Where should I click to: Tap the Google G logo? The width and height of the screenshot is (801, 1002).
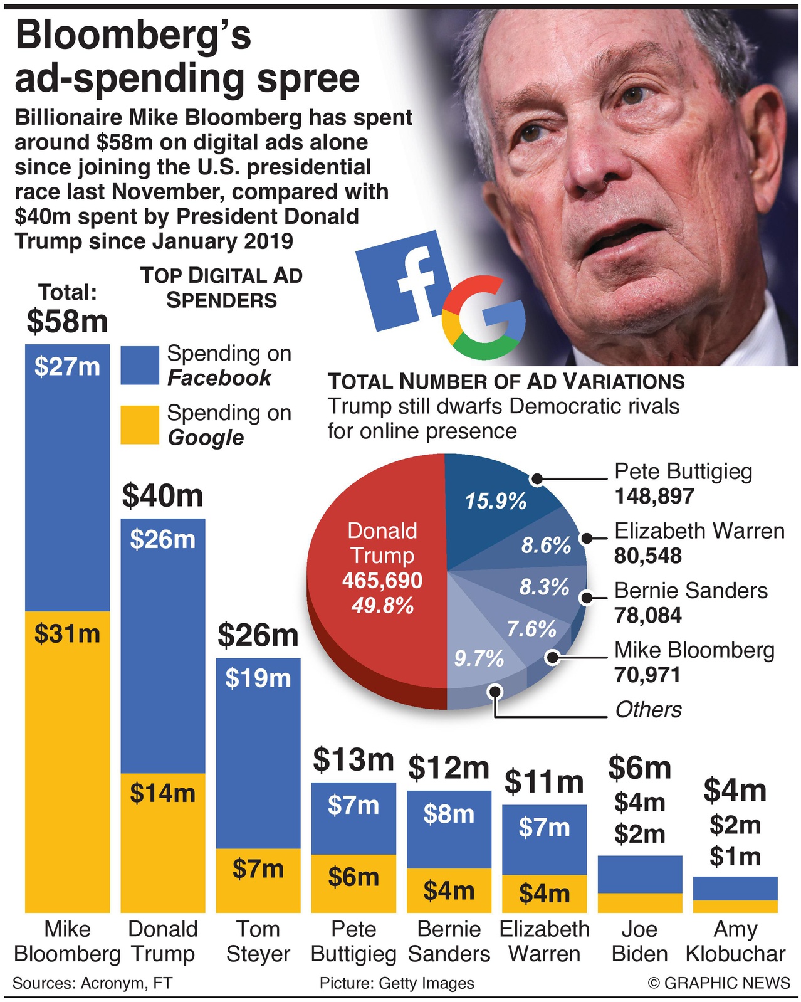coord(483,317)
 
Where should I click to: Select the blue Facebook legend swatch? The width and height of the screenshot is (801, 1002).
coord(140,365)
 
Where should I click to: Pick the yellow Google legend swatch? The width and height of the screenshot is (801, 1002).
coord(140,425)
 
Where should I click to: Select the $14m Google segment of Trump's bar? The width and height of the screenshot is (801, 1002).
coord(162,842)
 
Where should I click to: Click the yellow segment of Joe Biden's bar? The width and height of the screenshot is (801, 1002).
coord(639,902)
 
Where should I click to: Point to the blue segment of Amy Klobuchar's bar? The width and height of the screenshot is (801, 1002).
coord(735,888)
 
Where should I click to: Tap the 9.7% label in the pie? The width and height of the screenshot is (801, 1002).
coord(479,658)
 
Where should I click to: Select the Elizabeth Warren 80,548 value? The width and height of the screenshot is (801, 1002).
coord(647,556)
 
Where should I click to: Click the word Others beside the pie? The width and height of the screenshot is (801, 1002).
coord(648,709)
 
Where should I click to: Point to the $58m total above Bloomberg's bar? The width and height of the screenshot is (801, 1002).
coord(67,321)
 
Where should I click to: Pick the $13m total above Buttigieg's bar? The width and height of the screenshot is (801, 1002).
coord(353,759)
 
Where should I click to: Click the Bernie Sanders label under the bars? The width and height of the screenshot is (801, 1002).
coord(449,941)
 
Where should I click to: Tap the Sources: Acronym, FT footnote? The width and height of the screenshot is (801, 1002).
coord(92,983)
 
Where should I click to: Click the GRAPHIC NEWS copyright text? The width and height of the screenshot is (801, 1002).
coord(719,983)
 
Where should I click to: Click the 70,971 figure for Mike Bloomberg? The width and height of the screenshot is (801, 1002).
coord(647,675)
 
